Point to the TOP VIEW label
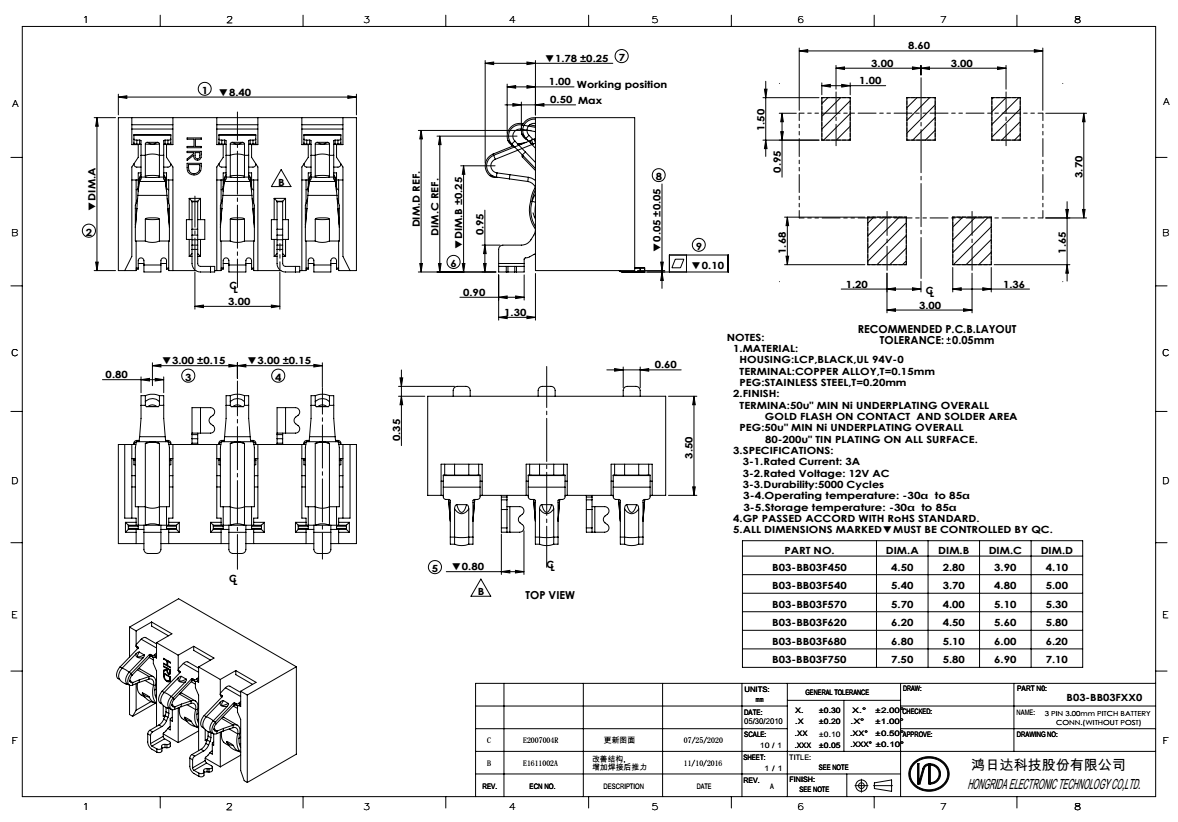[550, 595]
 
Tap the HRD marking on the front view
[193, 156]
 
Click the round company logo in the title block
[924, 774]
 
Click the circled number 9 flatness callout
[699, 243]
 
